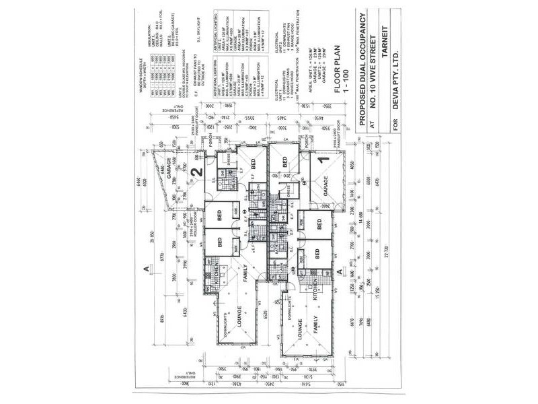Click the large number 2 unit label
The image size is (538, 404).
197,172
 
